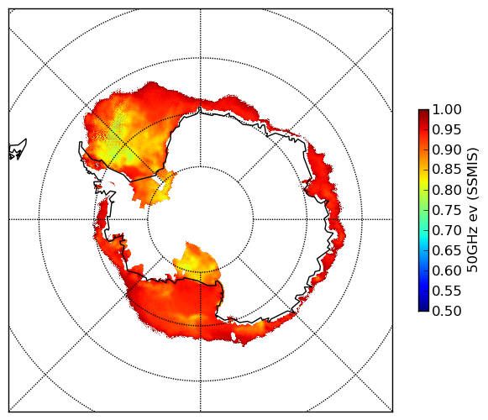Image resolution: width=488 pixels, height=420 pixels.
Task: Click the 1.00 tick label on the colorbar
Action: coord(447,109)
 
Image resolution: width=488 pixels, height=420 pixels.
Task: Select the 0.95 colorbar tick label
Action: coord(447,130)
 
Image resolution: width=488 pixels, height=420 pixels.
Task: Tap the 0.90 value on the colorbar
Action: coord(447,150)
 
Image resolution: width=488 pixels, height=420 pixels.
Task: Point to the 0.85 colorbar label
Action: coord(447,170)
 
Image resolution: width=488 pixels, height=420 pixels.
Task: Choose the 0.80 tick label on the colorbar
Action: coord(447,190)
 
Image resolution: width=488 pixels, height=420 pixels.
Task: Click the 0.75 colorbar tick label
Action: coord(447,211)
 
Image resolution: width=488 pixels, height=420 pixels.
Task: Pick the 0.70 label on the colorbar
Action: coord(447,230)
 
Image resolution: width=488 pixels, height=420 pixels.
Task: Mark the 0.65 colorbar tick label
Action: coord(447,250)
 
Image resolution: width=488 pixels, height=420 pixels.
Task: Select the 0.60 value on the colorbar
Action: coord(447,270)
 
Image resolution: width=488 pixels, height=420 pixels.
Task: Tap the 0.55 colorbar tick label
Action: coord(447,291)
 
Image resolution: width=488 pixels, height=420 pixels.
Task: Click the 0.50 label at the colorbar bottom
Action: coord(447,311)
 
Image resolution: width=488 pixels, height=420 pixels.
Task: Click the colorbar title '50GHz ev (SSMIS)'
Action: coord(473,210)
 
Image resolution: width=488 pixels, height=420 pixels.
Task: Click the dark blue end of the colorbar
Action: coord(423,307)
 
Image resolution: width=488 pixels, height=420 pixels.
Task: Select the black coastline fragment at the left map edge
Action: coord(18,150)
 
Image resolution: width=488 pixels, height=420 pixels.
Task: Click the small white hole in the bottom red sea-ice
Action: coord(234,336)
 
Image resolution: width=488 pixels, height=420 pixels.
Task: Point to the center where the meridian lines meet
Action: coord(201,219)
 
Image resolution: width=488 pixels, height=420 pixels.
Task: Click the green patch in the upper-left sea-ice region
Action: coord(116,137)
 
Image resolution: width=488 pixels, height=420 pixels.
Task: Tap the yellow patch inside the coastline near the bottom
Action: coord(195,263)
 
